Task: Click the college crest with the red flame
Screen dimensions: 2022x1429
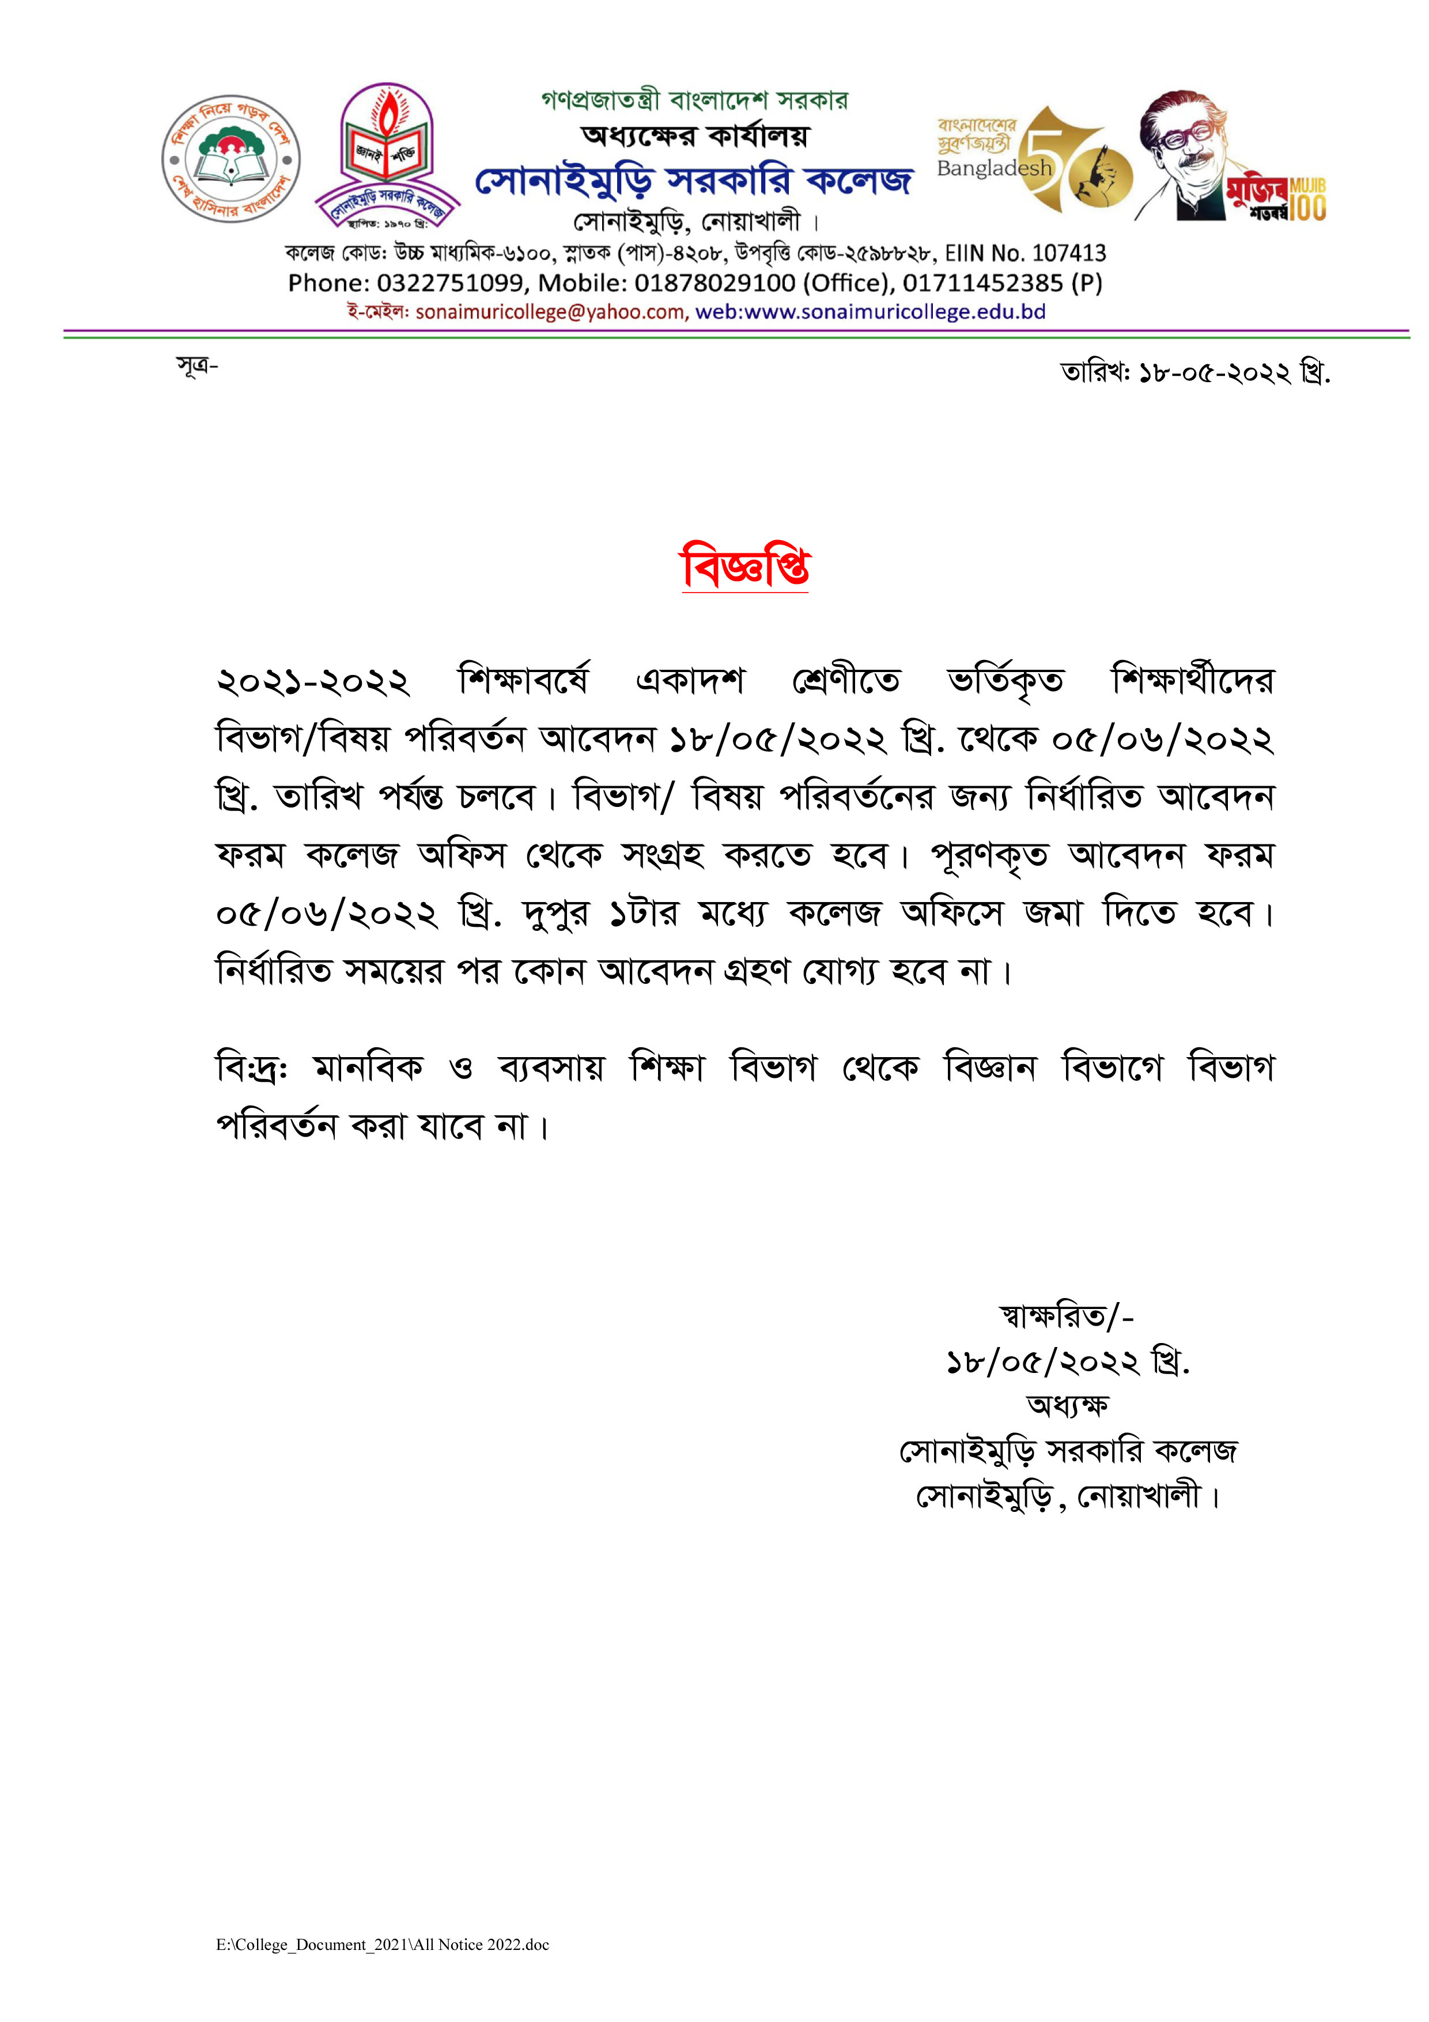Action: pos(387,156)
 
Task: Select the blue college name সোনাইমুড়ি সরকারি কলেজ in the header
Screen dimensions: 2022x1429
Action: pos(694,180)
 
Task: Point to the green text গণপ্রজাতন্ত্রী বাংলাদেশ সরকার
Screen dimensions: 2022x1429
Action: pos(695,100)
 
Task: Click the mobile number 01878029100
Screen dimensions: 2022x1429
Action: pos(715,284)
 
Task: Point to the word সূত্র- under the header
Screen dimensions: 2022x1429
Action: pos(197,365)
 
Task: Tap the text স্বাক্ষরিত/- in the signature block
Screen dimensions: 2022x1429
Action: pos(1065,1316)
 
